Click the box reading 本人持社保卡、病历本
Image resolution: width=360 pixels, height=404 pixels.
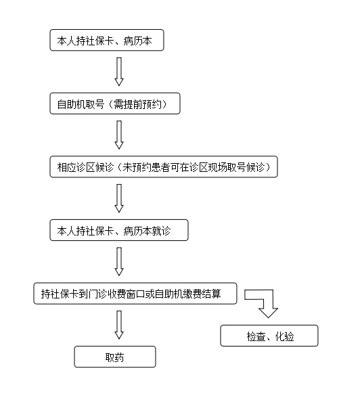pyautogui.click(x=107, y=40)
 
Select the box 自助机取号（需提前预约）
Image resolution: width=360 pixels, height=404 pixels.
pyautogui.click(x=115, y=104)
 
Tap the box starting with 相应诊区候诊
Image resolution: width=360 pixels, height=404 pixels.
pyautogui.click(x=164, y=166)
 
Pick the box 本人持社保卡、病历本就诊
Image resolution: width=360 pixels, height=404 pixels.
pyautogui.click(x=119, y=230)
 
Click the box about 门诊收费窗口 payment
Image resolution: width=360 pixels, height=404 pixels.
pyautogui.click(x=135, y=294)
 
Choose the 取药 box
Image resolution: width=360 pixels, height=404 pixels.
pyautogui.click(x=115, y=357)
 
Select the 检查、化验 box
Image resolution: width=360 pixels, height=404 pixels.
pyautogui.click(x=269, y=336)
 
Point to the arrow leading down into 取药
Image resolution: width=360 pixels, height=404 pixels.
pyautogui.click(x=119, y=325)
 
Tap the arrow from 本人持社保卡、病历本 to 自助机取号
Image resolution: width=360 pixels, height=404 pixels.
pyautogui.click(x=119, y=71)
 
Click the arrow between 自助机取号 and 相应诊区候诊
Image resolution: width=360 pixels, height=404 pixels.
pyautogui.click(x=119, y=135)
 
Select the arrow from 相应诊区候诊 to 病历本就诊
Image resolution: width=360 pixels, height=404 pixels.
pyautogui.click(x=119, y=198)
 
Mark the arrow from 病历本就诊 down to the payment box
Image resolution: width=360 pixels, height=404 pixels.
pyautogui.click(x=119, y=261)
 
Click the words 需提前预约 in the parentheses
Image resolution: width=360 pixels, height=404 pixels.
pyautogui.click(x=137, y=104)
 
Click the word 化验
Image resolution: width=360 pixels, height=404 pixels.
pyautogui.click(x=285, y=336)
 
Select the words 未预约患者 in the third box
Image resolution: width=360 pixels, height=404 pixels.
pyautogui.click(x=146, y=167)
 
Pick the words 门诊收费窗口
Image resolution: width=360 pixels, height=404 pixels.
pyautogui.click(x=116, y=294)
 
